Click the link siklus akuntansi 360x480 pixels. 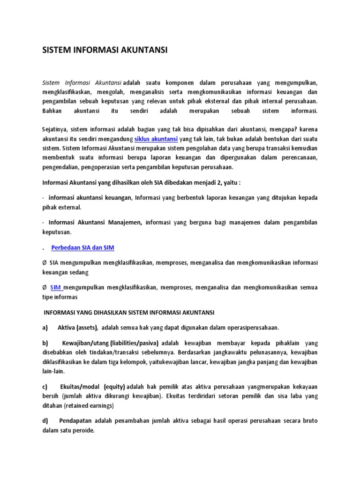point(156,139)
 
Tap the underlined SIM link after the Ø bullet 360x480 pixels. point(56,287)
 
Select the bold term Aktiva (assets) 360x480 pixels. point(78,327)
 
